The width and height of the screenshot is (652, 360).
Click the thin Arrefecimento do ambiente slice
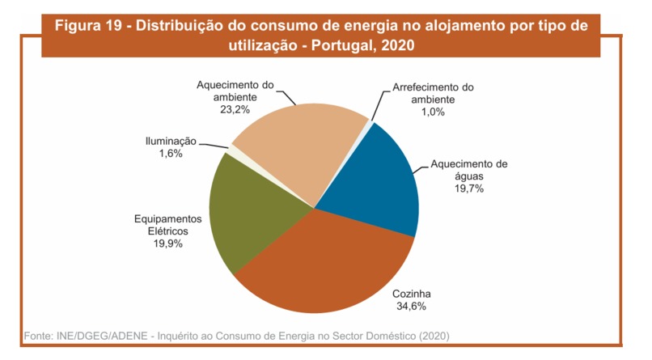[x=369, y=122]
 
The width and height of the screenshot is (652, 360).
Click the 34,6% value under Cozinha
[x=411, y=307]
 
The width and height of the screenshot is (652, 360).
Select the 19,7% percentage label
[x=469, y=188]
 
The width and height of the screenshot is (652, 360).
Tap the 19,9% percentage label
[x=168, y=244]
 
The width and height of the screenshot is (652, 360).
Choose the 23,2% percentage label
[x=235, y=110]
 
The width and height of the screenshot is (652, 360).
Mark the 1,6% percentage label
[x=171, y=154]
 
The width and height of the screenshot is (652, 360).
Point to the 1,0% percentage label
[x=433, y=112]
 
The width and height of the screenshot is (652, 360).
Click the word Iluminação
[x=171, y=142]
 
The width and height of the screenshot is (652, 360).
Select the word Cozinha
[x=412, y=294]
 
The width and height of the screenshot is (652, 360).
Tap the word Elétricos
[x=168, y=231]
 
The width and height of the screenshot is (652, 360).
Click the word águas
[x=469, y=176]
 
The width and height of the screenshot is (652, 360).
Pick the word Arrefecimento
[x=421, y=87]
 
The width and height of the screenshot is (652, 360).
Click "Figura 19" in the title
[x=88, y=26]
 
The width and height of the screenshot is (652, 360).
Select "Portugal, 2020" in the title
[x=363, y=44]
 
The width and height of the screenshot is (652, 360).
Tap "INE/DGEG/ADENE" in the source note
[x=102, y=336]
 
